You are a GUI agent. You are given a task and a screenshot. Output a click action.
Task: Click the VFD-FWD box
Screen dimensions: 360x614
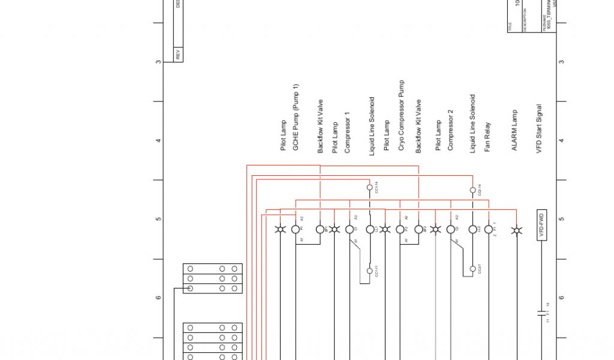click(541, 226)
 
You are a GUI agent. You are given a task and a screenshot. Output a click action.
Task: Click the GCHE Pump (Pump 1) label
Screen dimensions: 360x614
click(296, 116)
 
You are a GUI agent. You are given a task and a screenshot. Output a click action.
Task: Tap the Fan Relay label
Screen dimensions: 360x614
click(487, 138)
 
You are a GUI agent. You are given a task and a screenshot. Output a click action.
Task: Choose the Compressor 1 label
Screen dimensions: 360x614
click(347, 132)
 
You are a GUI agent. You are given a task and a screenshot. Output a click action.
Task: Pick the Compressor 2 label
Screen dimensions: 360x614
click(450, 130)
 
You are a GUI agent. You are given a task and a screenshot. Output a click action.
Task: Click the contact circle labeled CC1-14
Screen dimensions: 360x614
click(369, 187)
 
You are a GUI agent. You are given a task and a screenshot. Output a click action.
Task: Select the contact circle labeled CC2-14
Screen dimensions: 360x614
click(472, 190)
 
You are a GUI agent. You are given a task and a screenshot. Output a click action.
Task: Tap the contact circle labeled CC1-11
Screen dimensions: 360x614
click(369, 271)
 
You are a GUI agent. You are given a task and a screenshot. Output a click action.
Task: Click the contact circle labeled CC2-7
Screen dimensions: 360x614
click(472, 268)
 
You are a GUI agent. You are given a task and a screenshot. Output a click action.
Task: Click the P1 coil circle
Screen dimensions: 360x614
click(296, 229)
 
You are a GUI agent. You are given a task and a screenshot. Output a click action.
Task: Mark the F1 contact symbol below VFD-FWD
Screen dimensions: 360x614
click(541, 313)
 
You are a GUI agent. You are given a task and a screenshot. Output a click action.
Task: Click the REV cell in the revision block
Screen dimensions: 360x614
click(178, 54)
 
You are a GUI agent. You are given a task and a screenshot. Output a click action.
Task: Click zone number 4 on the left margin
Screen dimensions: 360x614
click(158, 140)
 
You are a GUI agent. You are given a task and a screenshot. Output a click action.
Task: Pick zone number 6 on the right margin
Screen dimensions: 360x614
click(561, 298)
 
